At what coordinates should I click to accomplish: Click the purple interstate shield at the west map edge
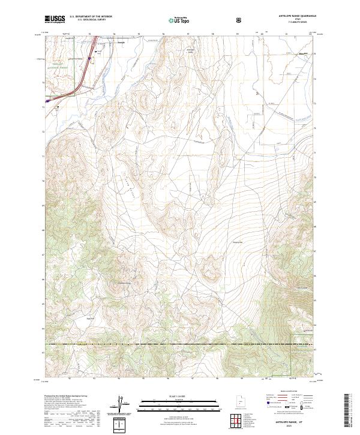48,101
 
